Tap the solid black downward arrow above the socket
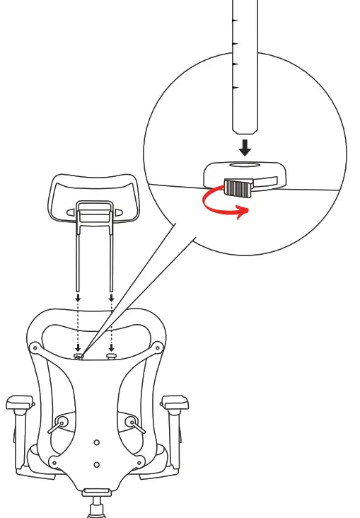(245, 148)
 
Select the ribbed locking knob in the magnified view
(238, 188)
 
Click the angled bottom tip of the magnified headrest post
(245, 130)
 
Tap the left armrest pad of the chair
(19, 403)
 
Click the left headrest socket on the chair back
(79, 356)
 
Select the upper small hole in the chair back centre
(97, 442)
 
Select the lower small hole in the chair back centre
(97, 465)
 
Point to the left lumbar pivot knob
(63, 422)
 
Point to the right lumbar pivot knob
(130, 422)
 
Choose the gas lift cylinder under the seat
(95, 508)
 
